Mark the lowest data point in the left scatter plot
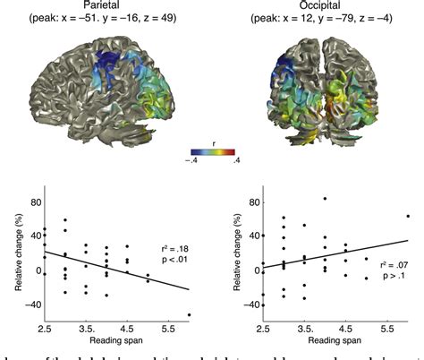click(x=190, y=314)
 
